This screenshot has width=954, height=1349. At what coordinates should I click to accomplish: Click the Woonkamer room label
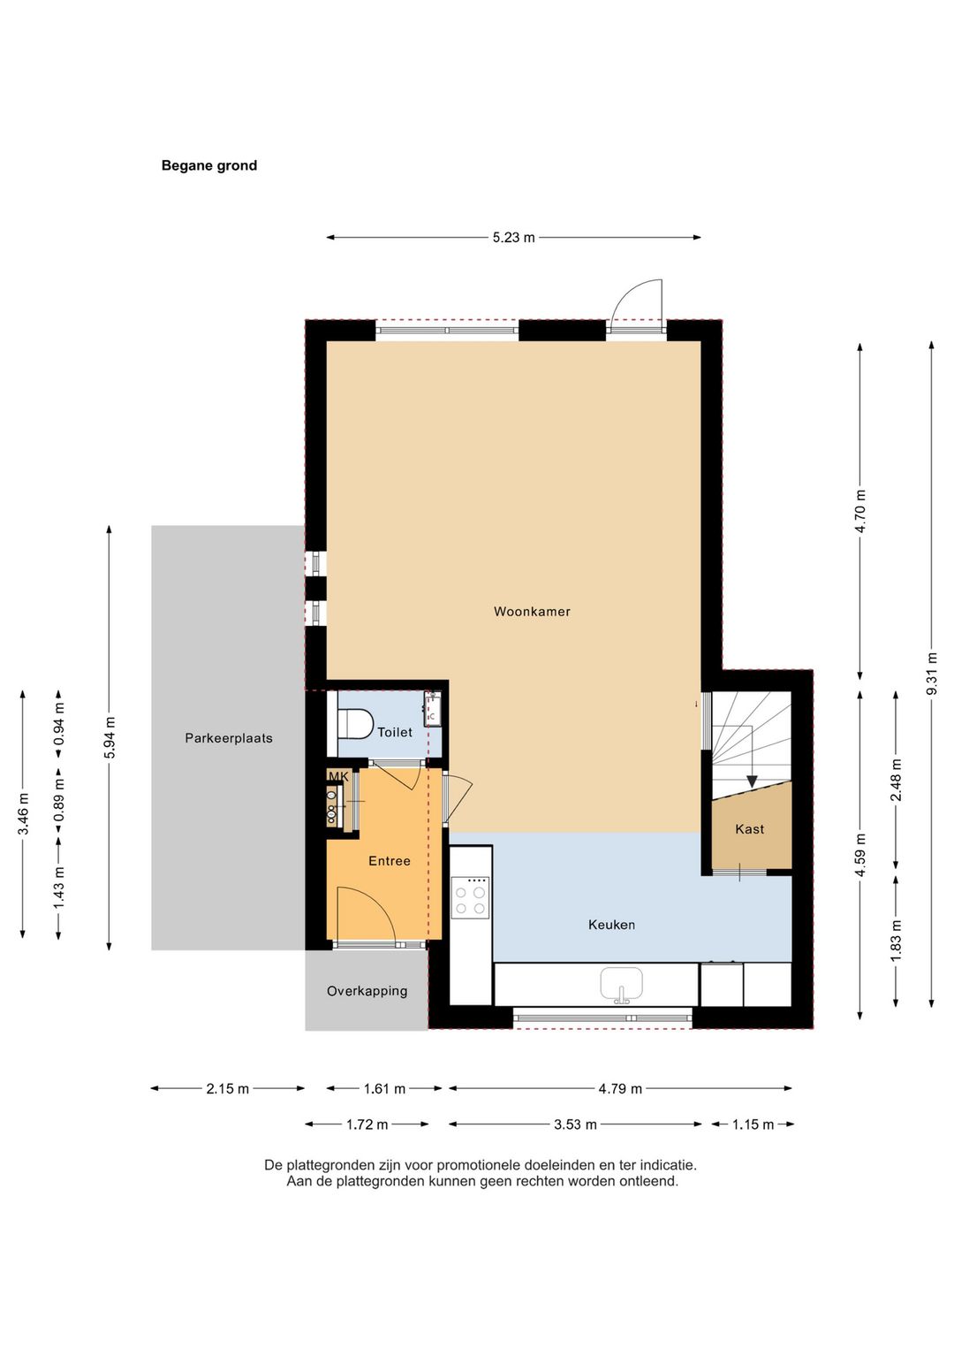pyautogui.click(x=532, y=611)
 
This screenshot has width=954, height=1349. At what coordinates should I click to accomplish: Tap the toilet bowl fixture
pyautogui.click(x=356, y=723)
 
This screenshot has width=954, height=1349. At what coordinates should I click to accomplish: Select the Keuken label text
pyautogui.click(x=611, y=925)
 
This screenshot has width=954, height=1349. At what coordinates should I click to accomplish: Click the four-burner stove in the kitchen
pyautogui.click(x=470, y=898)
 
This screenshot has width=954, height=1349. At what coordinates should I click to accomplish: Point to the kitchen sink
pyautogui.click(x=622, y=985)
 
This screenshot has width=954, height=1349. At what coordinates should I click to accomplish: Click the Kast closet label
pyautogui.click(x=749, y=829)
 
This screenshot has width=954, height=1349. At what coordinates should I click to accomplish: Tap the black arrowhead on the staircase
pyautogui.click(x=751, y=781)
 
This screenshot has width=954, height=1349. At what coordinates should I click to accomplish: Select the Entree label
pyautogui.click(x=390, y=861)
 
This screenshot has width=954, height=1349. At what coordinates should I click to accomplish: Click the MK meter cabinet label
pyautogui.click(x=338, y=776)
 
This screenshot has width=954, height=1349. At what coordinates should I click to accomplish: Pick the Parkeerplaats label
pyautogui.click(x=229, y=738)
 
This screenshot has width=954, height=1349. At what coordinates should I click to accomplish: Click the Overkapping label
pyautogui.click(x=367, y=991)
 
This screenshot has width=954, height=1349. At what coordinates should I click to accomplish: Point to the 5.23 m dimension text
pyautogui.click(x=513, y=237)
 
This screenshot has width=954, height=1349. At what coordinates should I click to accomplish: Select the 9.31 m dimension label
pyautogui.click(x=932, y=673)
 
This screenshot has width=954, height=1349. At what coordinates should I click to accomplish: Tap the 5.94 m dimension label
pyautogui.click(x=109, y=738)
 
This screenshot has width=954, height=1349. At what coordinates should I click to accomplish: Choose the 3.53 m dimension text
pyautogui.click(x=575, y=1124)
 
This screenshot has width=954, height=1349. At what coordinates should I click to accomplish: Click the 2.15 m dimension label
pyautogui.click(x=228, y=1089)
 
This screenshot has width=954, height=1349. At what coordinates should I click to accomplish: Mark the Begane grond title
pyautogui.click(x=208, y=165)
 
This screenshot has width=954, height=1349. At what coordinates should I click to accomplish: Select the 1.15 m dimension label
pyautogui.click(x=753, y=1124)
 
